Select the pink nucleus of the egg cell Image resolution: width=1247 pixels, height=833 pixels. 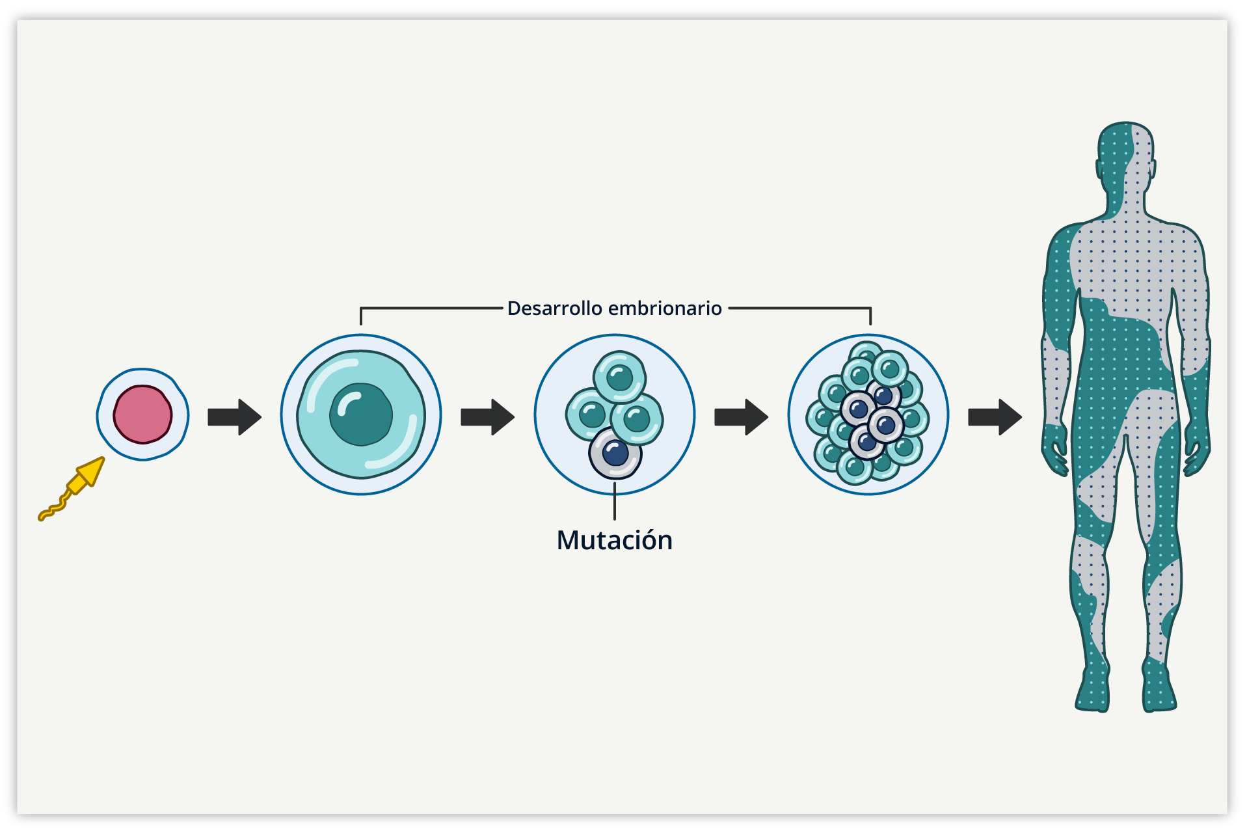pos(142,415)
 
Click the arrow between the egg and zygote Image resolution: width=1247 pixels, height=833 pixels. pos(234,417)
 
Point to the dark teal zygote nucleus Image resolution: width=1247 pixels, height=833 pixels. pos(361,415)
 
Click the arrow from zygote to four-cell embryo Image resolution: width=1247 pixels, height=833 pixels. pos(487,417)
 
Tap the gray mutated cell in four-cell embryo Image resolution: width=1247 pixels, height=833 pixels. pos(615,454)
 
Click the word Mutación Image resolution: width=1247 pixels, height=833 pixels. pos(614,540)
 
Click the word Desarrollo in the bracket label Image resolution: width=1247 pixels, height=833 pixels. pos(554,308)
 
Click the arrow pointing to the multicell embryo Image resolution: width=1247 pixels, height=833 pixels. pos(741,417)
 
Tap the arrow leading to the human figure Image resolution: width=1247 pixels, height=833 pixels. pos(995,417)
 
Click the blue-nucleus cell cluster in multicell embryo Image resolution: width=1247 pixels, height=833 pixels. pos(872,416)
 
